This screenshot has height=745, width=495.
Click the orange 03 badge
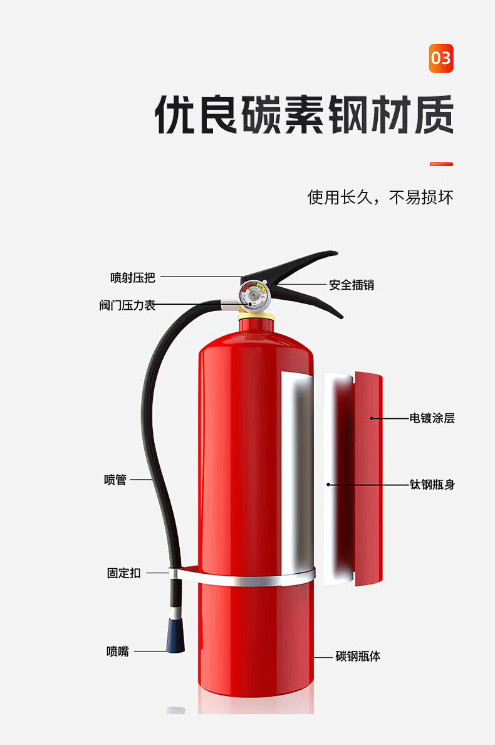pyautogui.click(x=440, y=59)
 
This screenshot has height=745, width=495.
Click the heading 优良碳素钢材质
pyautogui.click(x=304, y=114)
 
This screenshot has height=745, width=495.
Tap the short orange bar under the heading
pyautogui.click(x=440, y=164)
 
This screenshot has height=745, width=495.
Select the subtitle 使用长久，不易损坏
pyautogui.click(x=380, y=198)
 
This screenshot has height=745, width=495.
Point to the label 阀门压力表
pyautogui.click(x=127, y=305)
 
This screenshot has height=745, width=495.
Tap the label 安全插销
pyautogui.click(x=352, y=285)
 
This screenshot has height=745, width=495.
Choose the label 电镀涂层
pyautogui.click(x=432, y=418)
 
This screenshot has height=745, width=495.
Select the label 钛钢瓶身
pyautogui.click(x=432, y=484)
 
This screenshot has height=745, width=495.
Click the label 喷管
pyautogui.click(x=115, y=480)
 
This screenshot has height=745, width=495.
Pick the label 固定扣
pyautogui.click(x=124, y=573)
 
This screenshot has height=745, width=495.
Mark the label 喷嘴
pyautogui.click(x=118, y=652)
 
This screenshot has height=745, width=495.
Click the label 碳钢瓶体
pyautogui.click(x=358, y=657)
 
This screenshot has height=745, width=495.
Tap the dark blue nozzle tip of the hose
pyautogui.click(x=175, y=635)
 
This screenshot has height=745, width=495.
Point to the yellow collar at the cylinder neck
pyautogui.click(x=257, y=315)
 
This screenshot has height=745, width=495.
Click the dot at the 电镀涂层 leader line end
pyautogui.click(x=372, y=418)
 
